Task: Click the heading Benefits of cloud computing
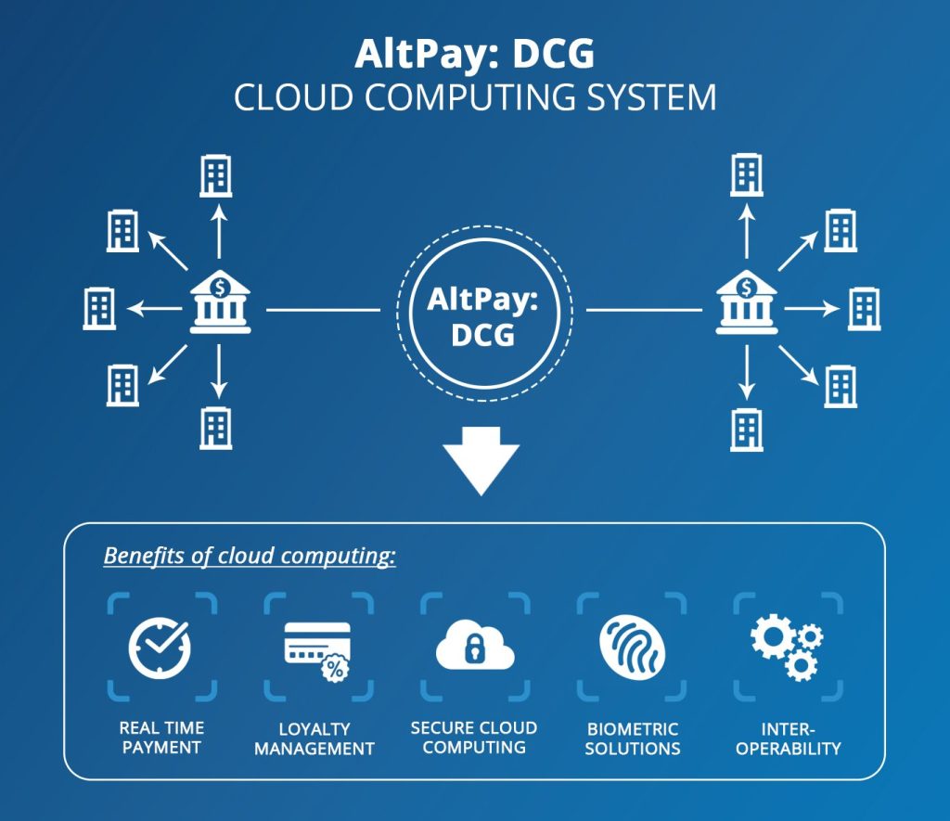pyautogui.click(x=250, y=557)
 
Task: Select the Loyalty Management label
pyautogui.click(x=315, y=738)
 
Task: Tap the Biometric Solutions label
pyautogui.click(x=633, y=738)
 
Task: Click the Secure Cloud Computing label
pyautogui.click(x=474, y=738)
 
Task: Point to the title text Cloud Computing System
pyautogui.click(x=475, y=97)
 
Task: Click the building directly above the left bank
pyautogui.click(x=216, y=176)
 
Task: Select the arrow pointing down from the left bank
pyautogui.click(x=219, y=371)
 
